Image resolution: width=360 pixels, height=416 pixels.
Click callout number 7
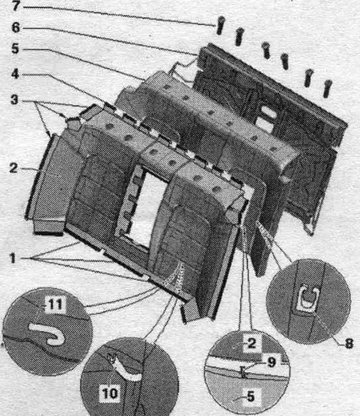15,6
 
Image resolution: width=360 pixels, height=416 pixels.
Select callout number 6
15,27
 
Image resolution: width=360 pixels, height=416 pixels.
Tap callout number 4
15,74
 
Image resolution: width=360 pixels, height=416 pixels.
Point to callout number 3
14,100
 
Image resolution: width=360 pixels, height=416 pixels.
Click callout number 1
12,258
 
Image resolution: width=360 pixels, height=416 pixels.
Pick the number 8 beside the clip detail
349,344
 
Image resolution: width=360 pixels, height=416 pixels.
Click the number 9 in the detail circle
271,362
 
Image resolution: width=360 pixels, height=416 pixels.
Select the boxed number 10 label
109,393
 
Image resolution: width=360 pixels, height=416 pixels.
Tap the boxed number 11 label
55,304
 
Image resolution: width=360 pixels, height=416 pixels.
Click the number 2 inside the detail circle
251,343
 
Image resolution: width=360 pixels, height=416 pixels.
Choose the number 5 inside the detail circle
250,396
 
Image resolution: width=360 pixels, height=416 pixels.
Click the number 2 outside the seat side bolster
14,168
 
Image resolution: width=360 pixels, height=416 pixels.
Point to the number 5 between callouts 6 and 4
15,49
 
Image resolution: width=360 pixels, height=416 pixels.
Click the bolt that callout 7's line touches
220,25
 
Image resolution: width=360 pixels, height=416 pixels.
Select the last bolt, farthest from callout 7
328,88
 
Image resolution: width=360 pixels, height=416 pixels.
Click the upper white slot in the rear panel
268,110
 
